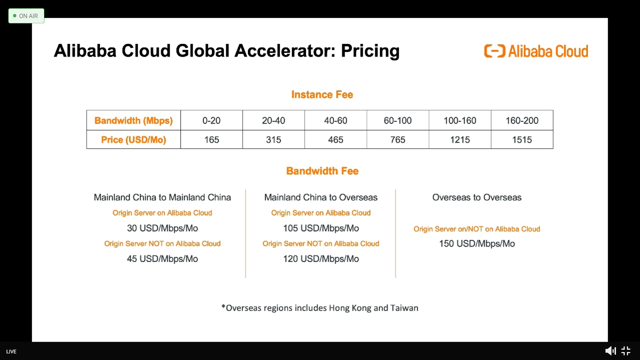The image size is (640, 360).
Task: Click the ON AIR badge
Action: [x=26, y=16]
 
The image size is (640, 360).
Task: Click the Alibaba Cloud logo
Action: [x=536, y=51]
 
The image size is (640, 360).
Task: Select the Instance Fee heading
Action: [x=322, y=94]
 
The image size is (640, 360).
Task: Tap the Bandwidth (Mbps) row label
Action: [x=134, y=120]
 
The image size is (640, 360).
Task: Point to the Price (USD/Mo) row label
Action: [x=134, y=140]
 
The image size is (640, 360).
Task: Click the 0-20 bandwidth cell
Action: [x=212, y=120]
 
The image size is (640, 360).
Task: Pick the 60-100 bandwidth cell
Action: [x=398, y=120]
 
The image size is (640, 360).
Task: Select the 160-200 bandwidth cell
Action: [x=522, y=120]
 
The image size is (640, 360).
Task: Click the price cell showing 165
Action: [x=212, y=140]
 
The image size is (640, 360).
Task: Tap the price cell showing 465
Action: [x=336, y=140]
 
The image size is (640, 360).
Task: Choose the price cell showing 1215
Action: [x=460, y=140]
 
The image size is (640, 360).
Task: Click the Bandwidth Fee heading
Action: [x=322, y=171]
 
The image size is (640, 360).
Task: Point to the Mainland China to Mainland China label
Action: [x=162, y=198]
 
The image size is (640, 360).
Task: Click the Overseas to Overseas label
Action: [x=477, y=198]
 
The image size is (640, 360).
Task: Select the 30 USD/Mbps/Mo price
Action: [x=162, y=228]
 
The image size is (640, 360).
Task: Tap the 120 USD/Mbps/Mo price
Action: [x=321, y=259]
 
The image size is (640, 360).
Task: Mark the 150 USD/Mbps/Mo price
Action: [x=477, y=244]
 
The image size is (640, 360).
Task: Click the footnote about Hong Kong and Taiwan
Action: [x=320, y=308]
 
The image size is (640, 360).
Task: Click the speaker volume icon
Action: [x=610, y=351]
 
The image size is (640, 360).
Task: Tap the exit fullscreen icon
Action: [x=626, y=351]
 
